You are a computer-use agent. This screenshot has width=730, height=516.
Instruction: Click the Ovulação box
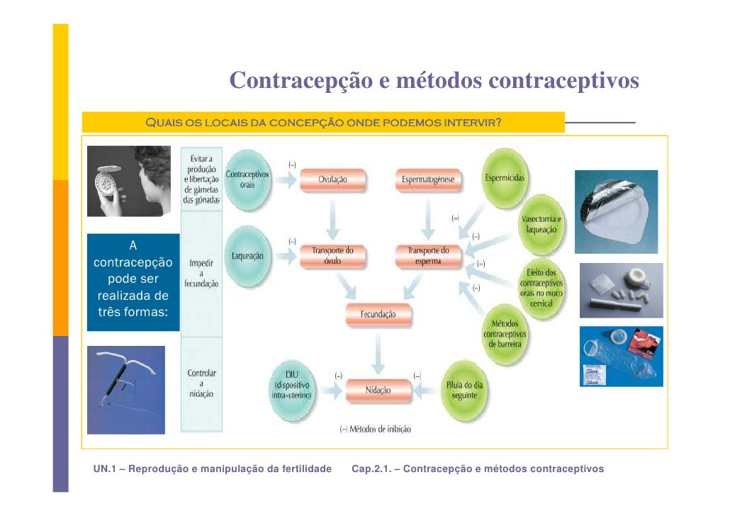click(332, 180)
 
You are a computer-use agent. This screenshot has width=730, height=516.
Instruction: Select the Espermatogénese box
click(428, 180)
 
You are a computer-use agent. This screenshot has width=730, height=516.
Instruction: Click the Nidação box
click(378, 390)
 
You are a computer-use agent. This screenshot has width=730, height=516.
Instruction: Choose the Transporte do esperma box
click(428, 255)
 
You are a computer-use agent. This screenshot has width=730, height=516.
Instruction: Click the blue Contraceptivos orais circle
click(247, 179)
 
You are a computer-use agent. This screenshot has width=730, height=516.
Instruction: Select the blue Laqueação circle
click(248, 256)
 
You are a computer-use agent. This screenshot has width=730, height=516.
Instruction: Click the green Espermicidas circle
click(505, 179)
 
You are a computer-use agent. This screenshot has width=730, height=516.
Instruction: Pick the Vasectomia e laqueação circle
click(543, 225)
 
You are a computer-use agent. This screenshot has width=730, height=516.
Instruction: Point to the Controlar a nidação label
click(202, 383)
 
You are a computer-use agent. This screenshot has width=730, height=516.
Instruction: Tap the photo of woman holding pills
click(129, 181)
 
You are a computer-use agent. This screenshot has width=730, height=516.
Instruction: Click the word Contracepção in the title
click(302, 82)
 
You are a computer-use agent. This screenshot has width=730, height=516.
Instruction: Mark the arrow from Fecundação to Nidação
click(379, 352)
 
